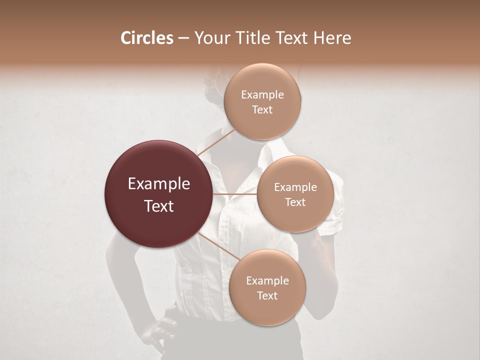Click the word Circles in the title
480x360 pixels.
[146, 38]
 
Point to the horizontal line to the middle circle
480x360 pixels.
[235, 194]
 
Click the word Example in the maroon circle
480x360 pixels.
[158, 184]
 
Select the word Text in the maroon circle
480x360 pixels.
[158, 206]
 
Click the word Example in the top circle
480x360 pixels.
[262, 95]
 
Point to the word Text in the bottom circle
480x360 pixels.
[267, 296]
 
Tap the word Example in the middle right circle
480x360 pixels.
[295, 187]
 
